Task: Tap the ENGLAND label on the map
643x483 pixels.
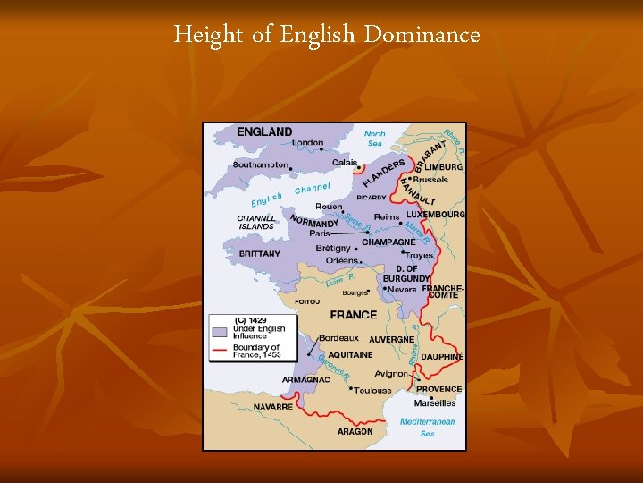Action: pyautogui.click(x=264, y=132)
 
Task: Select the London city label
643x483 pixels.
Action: pyautogui.click(x=307, y=142)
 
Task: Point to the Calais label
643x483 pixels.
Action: pyautogui.click(x=345, y=163)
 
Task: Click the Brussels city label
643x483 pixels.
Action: pyautogui.click(x=430, y=180)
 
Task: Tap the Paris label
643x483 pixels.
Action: pyautogui.click(x=320, y=233)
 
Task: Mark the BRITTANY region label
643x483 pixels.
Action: pyautogui.click(x=260, y=254)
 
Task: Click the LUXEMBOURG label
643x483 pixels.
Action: pyautogui.click(x=436, y=215)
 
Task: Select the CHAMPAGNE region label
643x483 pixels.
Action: pyautogui.click(x=388, y=242)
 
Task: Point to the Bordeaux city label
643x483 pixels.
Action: pyautogui.click(x=338, y=338)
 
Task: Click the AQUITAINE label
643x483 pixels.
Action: pyautogui.click(x=349, y=355)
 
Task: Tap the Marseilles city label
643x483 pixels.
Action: pyautogui.click(x=435, y=402)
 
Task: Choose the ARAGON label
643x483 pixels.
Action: pyautogui.click(x=355, y=431)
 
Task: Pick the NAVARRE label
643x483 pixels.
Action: pyautogui.click(x=272, y=406)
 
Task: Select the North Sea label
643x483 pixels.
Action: pyautogui.click(x=375, y=139)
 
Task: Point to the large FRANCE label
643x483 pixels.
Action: pyautogui.click(x=354, y=315)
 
